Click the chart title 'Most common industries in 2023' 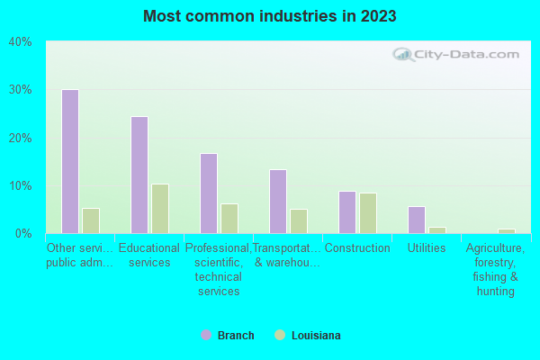[269, 16]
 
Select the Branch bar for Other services [70, 161]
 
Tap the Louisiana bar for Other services [91, 220]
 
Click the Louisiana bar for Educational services [160, 209]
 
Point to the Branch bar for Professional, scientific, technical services [209, 193]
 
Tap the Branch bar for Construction [347, 212]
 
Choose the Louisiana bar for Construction [368, 213]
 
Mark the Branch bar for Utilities [417, 220]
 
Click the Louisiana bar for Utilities [437, 230]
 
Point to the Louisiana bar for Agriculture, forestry [507, 231]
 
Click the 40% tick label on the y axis [20, 41]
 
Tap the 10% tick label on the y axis [20, 185]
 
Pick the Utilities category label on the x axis [427, 248]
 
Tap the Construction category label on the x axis [357, 248]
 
